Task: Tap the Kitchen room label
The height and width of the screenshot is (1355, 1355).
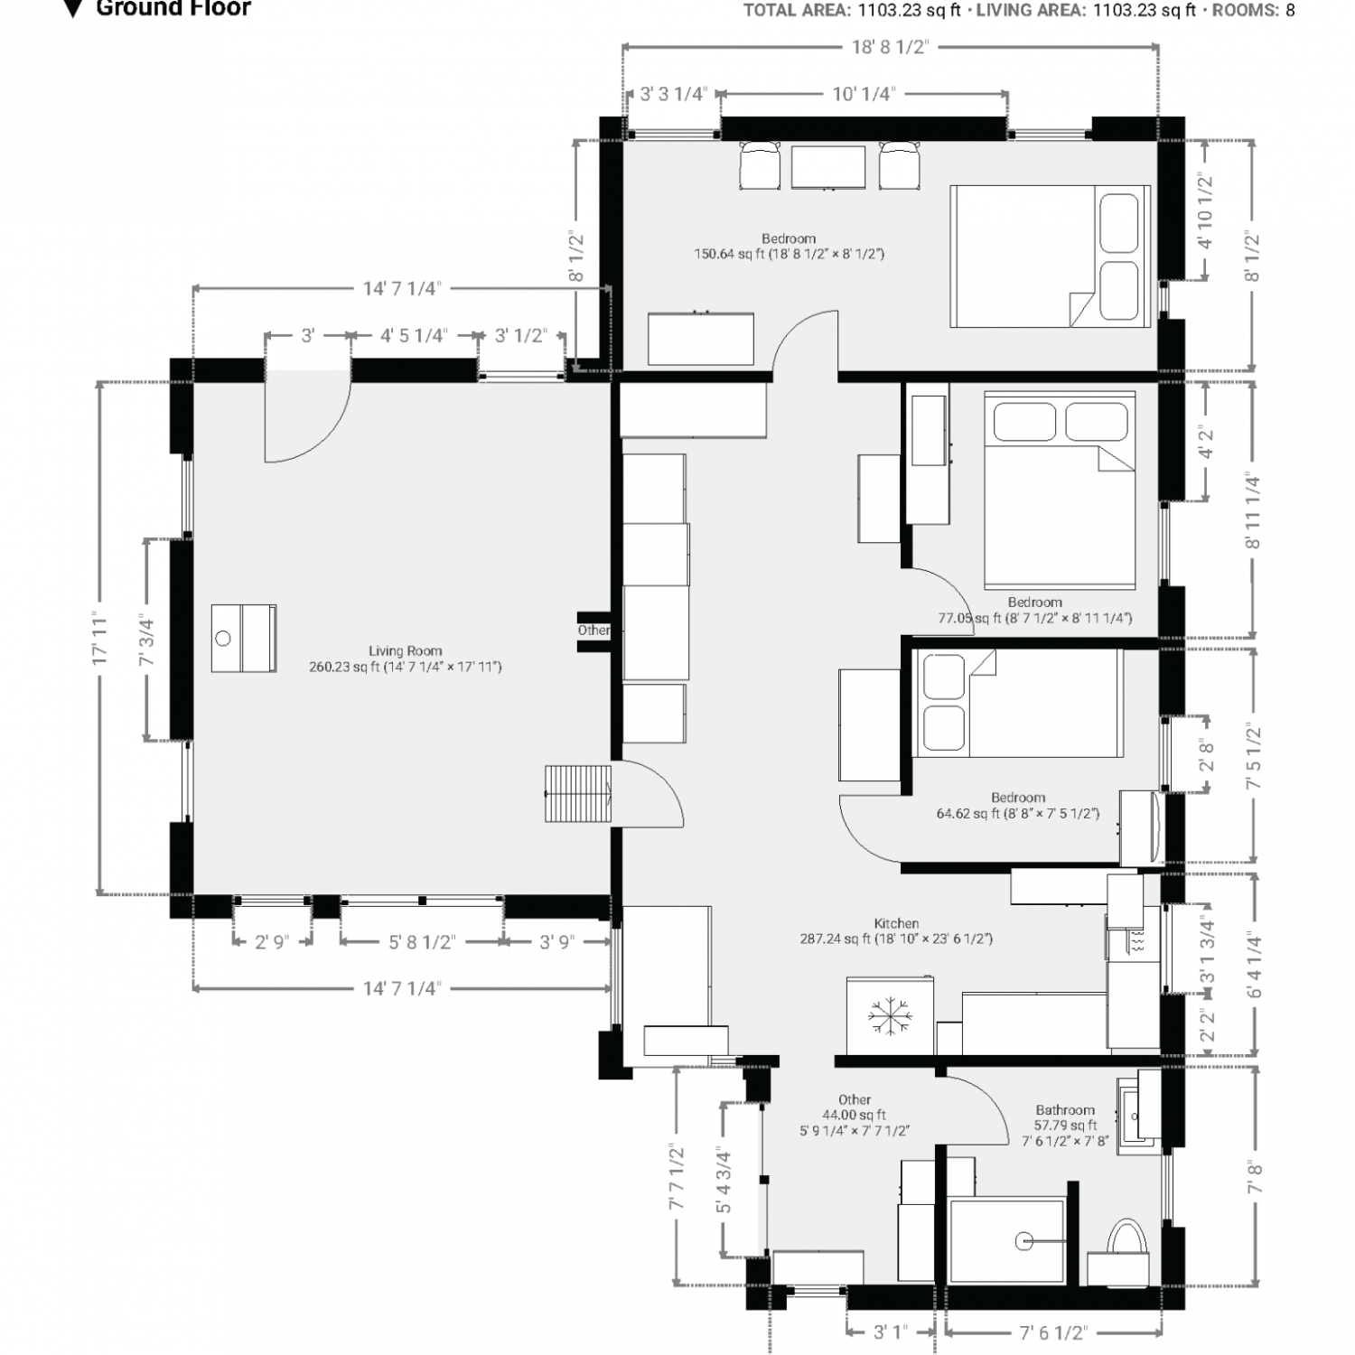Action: click(896, 923)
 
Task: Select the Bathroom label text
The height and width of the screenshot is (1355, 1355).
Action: click(1065, 1110)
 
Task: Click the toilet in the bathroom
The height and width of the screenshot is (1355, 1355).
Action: click(1126, 1240)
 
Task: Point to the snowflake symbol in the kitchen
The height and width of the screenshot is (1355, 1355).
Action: click(890, 1016)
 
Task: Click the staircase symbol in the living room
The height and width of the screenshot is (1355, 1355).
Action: click(578, 793)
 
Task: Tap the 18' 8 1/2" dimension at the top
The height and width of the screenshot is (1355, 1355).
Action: click(890, 47)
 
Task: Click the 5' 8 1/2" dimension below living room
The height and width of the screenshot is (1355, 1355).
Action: click(421, 942)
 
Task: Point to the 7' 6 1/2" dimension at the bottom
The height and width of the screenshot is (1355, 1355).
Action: click(1052, 1332)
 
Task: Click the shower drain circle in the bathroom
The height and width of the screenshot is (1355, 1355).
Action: click(1024, 1241)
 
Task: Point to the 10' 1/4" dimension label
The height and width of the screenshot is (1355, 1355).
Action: click(863, 94)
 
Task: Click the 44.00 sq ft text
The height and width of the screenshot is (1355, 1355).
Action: click(854, 1116)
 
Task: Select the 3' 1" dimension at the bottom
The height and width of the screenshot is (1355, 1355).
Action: click(890, 1332)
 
